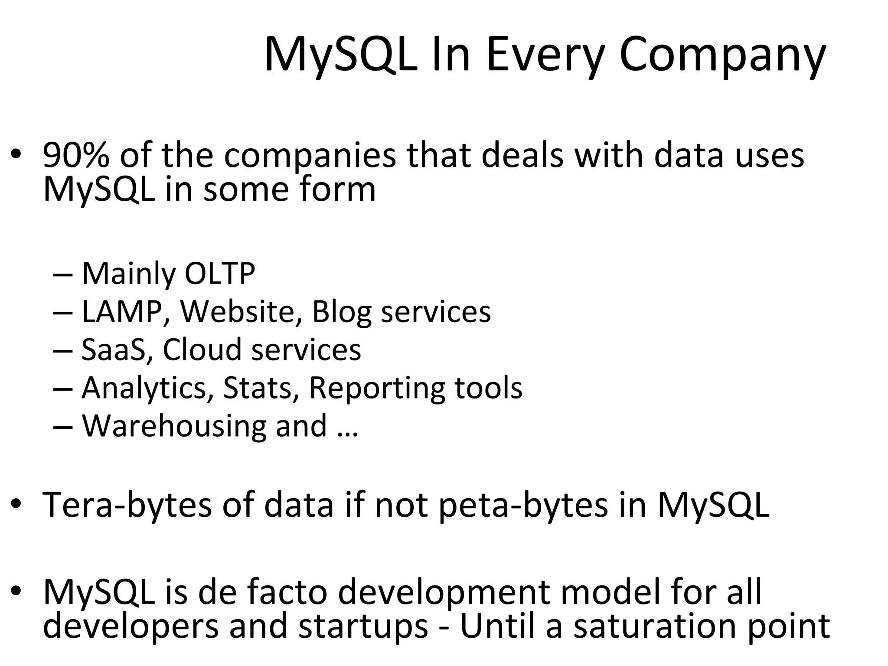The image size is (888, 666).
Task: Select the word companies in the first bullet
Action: click(x=310, y=156)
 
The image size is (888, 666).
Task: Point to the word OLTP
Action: click(x=220, y=274)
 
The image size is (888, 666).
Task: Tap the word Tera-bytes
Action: click(x=127, y=506)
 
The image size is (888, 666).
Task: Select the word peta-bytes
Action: click(x=524, y=506)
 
